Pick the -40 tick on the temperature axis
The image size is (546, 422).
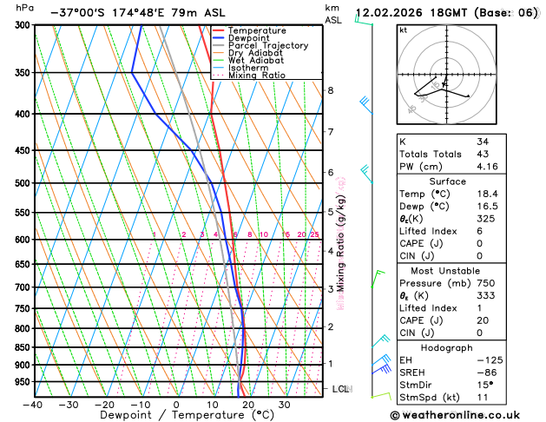coord(33,405)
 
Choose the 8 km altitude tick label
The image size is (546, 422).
coord(330,90)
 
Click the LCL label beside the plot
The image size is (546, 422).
coord(341,389)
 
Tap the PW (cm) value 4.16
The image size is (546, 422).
coord(487,166)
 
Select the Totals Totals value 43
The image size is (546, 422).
coord(482,153)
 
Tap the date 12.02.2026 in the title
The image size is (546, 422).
coord(390,14)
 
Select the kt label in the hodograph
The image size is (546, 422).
coord(403,30)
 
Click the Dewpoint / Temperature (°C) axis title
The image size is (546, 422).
coord(176,416)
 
